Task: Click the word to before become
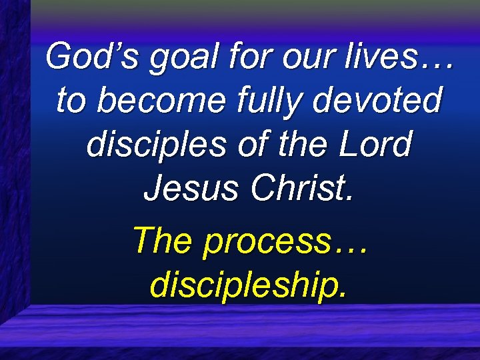(x=70, y=101)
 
